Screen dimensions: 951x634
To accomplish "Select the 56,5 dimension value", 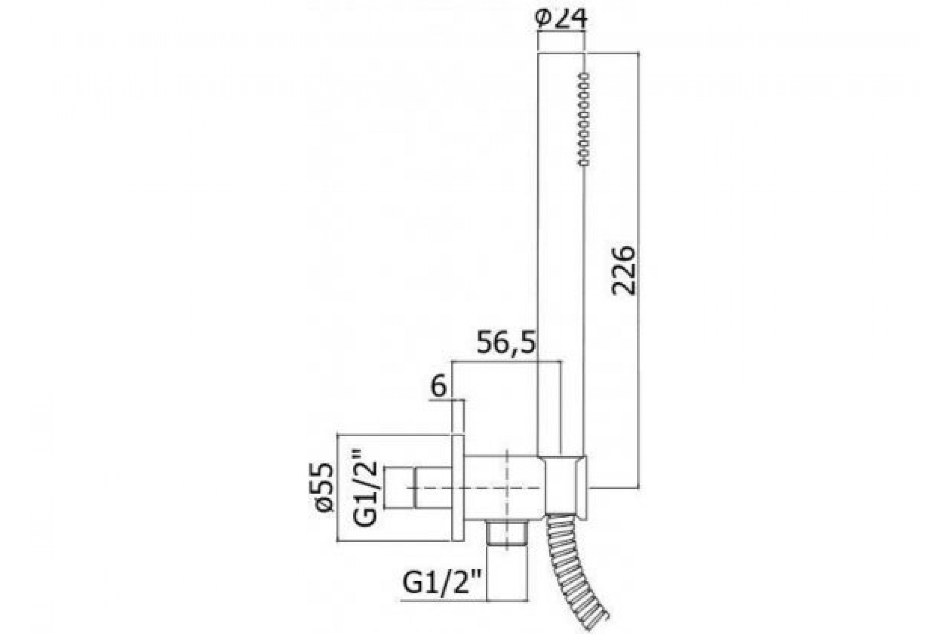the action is [506, 342].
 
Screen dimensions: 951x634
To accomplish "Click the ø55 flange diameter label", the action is [325, 488].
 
